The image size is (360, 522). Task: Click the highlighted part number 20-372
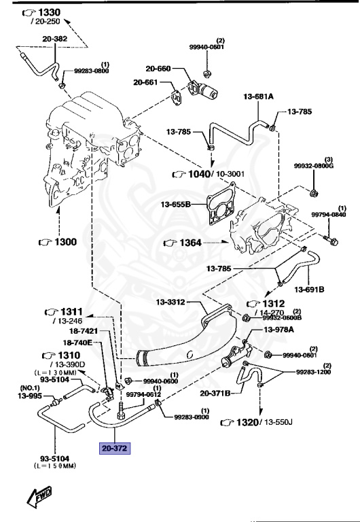114,449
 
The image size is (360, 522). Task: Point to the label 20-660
158,69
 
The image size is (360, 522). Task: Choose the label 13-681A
258,97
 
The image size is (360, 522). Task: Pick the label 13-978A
278,330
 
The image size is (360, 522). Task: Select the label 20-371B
217,393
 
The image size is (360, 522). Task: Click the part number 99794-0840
329,215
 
